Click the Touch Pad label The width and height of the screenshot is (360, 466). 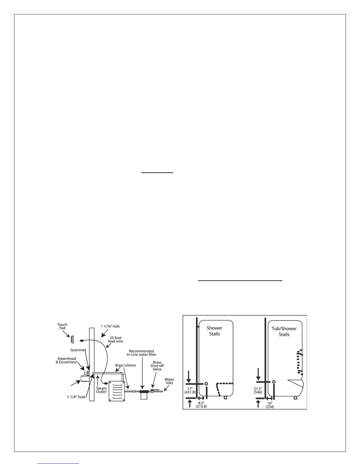coord(62,327)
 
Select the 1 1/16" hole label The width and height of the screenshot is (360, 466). coord(110,326)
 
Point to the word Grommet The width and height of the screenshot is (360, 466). coord(78,350)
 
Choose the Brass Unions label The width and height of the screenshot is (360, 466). coord(126,365)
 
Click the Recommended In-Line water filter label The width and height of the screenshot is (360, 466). coord(141,353)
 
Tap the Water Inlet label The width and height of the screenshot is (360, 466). coord(169,381)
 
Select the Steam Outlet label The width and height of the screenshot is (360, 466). coord(101,390)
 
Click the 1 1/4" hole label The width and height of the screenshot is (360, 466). coord(76,397)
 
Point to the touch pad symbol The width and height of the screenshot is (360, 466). coord(72,339)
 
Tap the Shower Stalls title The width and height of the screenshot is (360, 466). coord(214,331)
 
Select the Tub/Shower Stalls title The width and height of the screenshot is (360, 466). coord(284,331)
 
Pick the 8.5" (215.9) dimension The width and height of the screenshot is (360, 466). coord(201,404)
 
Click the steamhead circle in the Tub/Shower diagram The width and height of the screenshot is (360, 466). coord(274,382)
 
